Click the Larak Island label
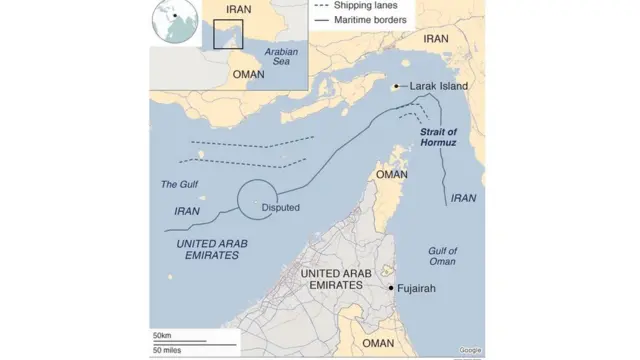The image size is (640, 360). click(x=439, y=87)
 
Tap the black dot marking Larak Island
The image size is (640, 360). click(x=397, y=87)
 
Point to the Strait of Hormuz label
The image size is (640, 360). click(x=437, y=138)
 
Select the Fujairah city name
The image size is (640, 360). click(x=417, y=288)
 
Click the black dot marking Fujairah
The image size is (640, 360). click(x=390, y=288)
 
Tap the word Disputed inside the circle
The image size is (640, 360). click(x=280, y=208)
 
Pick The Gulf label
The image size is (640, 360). click(x=180, y=184)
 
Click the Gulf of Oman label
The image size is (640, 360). click(x=441, y=256)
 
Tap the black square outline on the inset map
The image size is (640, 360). click(x=229, y=33)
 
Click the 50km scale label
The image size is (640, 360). click(x=162, y=334)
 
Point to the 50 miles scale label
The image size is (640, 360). click(x=167, y=350)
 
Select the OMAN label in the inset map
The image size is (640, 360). click(x=248, y=74)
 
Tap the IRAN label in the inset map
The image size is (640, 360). click(x=239, y=9)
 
